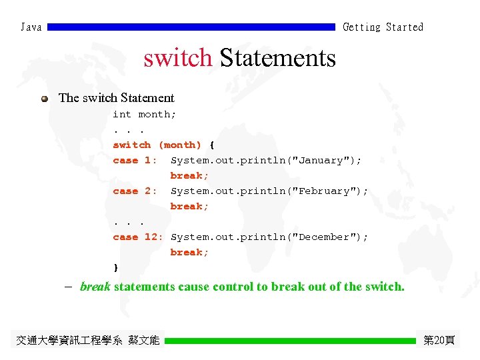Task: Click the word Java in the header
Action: pos(31,27)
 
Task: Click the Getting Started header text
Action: pos(383,27)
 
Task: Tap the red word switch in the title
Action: pos(178,59)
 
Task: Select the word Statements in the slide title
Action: pos(277,59)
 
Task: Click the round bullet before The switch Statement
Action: pos(44,99)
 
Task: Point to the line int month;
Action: pos(144,115)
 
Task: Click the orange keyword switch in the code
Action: pos(132,145)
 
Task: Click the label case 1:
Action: pos(135,161)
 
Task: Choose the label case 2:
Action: pos(135,191)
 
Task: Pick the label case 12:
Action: pos(138,237)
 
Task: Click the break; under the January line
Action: pos(189,176)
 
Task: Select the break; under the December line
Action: pos(189,253)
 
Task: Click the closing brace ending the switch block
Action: pos(116,267)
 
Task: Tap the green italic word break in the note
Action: pos(95,287)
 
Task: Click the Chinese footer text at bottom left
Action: pos(87,341)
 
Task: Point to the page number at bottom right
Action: pos(439,341)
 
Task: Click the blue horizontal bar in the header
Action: pos(191,27)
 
